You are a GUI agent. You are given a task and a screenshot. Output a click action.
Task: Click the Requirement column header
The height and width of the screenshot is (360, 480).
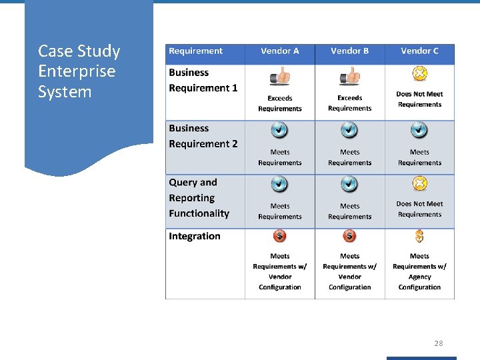[x=195, y=51]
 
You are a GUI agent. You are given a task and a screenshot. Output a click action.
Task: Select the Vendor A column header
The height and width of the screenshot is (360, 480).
[x=280, y=51]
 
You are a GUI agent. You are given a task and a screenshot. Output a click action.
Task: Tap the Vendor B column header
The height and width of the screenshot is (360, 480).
[x=350, y=51]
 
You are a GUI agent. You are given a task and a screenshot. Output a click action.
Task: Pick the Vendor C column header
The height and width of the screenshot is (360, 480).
[x=419, y=51]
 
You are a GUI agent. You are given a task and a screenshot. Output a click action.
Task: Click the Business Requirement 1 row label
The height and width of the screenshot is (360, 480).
[x=203, y=80]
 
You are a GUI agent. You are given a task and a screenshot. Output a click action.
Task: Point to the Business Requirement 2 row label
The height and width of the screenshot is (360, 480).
[x=203, y=136]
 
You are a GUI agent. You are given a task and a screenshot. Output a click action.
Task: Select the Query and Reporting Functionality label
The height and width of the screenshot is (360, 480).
[x=199, y=198]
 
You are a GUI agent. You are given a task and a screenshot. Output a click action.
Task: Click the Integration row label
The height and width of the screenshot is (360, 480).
[x=194, y=236]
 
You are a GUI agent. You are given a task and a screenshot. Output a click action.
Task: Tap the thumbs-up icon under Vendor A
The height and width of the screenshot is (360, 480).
[x=280, y=77]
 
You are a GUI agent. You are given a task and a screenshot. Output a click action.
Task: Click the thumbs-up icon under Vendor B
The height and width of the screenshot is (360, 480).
[x=350, y=77]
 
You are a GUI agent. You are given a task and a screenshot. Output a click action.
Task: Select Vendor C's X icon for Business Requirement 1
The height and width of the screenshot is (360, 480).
[x=419, y=73]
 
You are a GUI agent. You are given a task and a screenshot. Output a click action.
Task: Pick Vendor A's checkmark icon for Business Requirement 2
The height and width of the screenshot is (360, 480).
[x=280, y=130]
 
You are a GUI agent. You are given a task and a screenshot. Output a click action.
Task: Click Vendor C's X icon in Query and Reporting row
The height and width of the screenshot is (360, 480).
[x=419, y=183]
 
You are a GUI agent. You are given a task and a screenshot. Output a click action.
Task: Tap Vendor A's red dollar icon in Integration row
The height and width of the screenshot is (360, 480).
[x=280, y=236]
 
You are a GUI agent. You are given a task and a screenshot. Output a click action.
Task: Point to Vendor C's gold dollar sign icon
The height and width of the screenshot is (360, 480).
[x=419, y=236]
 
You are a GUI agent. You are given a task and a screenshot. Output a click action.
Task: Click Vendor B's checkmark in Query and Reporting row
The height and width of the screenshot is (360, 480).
[x=350, y=183]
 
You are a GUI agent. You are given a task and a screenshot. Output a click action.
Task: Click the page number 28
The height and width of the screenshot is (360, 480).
[x=438, y=343]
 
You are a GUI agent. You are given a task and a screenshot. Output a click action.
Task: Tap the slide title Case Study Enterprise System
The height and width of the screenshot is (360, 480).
[x=79, y=71]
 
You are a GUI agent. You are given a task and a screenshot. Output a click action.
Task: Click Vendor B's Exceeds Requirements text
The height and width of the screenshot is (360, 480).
[x=350, y=103]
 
